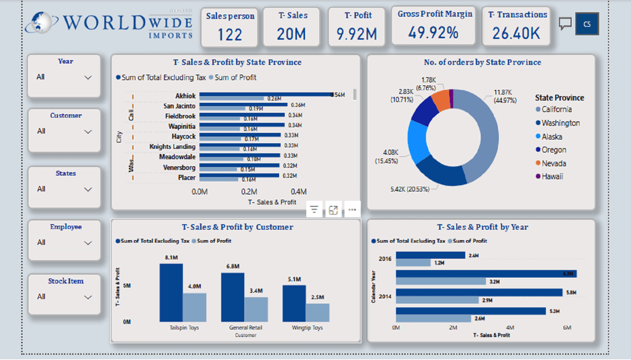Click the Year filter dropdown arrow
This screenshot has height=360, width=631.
point(88,77)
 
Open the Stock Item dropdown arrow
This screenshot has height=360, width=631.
point(88,297)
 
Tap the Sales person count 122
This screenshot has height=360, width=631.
point(229,35)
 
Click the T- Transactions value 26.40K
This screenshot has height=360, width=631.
point(516,34)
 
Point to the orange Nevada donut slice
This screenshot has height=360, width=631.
point(441,99)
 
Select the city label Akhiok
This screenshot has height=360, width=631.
point(185,96)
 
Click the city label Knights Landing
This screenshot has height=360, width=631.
point(173,147)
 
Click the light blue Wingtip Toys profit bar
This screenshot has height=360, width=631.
point(318,312)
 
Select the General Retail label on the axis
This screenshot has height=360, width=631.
point(245,328)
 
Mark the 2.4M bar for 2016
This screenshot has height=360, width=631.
point(430,255)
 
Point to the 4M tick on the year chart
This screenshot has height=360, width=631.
point(510,327)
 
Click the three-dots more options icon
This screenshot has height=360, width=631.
point(352,210)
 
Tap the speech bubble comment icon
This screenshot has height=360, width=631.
point(565,23)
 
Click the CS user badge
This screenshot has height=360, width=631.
point(587,23)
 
